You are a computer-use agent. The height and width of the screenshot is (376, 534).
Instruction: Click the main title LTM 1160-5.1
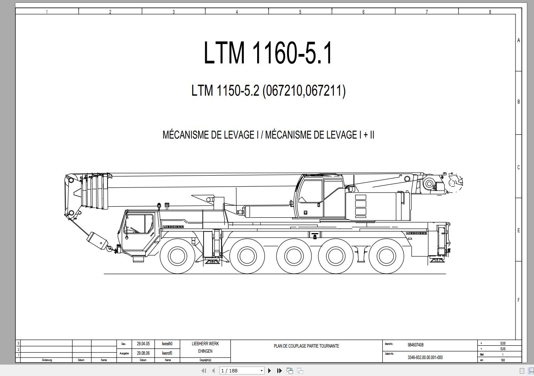point(268,53)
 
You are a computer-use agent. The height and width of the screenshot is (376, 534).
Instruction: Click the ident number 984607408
point(415,345)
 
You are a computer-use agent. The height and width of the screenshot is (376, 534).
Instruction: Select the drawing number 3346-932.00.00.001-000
point(425,357)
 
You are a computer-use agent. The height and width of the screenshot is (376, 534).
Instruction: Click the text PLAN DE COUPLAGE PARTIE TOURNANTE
point(306,346)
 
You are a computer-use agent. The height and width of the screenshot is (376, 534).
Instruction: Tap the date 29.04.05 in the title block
point(143,344)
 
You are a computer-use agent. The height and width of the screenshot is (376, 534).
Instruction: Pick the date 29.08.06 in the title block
point(143,353)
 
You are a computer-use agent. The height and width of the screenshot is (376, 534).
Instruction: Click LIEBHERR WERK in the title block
point(205,344)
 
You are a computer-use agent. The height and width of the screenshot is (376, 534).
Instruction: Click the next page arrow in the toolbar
point(270,370)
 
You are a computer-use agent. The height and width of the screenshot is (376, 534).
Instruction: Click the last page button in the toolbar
point(279,370)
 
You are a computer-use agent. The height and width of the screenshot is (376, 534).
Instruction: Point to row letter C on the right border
point(518,167)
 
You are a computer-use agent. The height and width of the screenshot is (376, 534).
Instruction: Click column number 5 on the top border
point(300,12)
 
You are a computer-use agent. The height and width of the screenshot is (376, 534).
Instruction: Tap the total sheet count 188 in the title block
point(502,360)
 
